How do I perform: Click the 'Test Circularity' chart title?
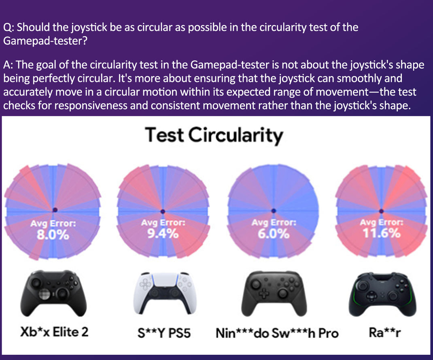click(214, 135)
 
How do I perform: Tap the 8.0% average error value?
click(53, 235)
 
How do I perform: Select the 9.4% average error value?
click(163, 234)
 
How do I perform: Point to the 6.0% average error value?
click(274, 234)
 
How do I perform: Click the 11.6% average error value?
click(381, 233)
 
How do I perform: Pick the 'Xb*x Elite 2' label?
click(54, 332)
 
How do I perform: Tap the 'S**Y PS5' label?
click(164, 333)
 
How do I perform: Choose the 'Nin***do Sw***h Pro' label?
click(277, 333)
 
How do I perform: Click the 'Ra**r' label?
click(385, 332)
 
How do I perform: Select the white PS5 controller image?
click(165, 294)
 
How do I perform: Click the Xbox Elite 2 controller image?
click(53, 293)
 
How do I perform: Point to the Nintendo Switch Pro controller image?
click(274, 294)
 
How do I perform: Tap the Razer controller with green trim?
click(382, 294)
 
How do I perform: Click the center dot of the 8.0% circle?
click(55, 210)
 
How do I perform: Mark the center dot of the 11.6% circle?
click(381, 211)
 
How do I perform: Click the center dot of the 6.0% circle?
click(274, 211)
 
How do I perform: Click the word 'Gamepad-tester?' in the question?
click(45, 41)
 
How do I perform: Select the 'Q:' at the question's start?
click(9, 28)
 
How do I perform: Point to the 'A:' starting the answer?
click(8, 65)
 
